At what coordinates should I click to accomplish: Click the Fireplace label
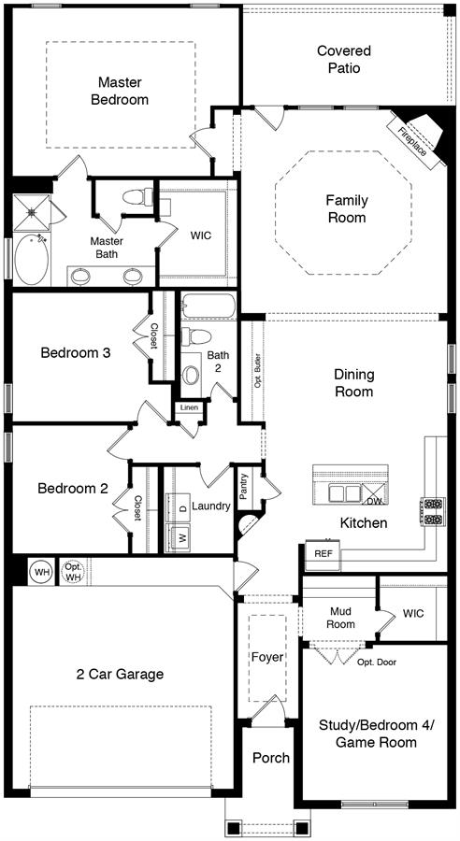pyautogui.click(x=413, y=140)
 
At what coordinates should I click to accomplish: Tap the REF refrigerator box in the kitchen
pyautogui.click(x=323, y=555)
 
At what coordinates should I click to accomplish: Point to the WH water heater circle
pyautogui.click(x=41, y=572)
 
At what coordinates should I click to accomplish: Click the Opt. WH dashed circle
pyautogui.click(x=72, y=572)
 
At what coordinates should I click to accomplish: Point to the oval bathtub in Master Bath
pyautogui.click(x=31, y=260)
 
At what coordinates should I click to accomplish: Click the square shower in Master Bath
pyautogui.click(x=32, y=212)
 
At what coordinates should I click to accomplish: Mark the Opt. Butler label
pyautogui.click(x=258, y=370)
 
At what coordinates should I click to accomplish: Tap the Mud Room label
pyautogui.click(x=342, y=618)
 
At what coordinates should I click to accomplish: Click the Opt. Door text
pyautogui.click(x=377, y=663)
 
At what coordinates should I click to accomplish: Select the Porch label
pyautogui.click(x=271, y=758)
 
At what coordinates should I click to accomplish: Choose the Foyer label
pyautogui.click(x=267, y=657)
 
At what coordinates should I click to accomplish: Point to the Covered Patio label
pyautogui.click(x=344, y=60)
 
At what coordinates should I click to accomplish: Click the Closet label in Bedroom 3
pyautogui.click(x=154, y=336)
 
